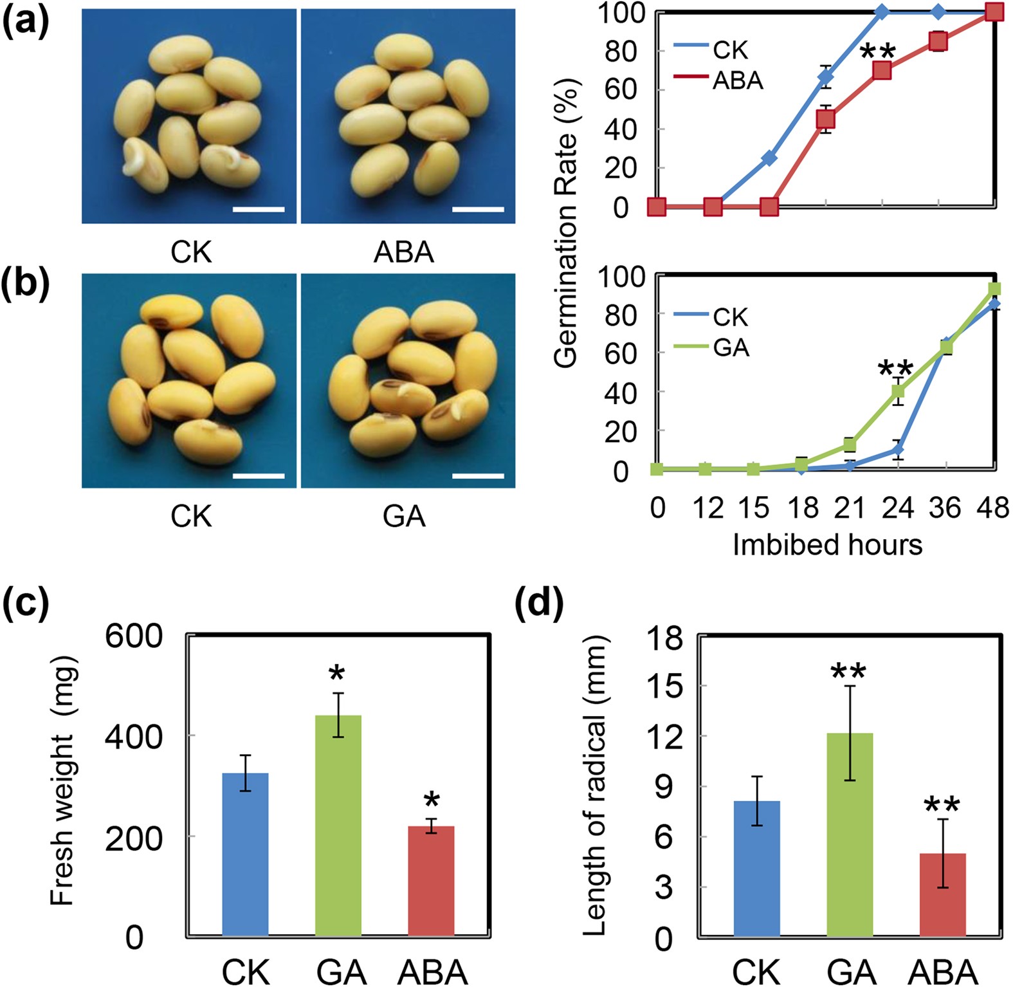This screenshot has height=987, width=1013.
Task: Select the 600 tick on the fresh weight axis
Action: coord(134,636)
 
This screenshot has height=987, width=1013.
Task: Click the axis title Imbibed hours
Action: coord(827,545)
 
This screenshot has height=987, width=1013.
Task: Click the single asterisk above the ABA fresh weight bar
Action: coord(432,801)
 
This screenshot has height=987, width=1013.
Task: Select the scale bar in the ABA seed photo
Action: coord(478,209)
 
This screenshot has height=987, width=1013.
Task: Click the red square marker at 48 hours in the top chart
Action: coord(994,12)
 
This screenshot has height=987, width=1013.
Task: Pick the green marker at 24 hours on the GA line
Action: coord(898,391)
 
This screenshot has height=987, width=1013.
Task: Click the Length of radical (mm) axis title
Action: coord(596,785)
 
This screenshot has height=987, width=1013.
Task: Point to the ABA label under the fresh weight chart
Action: coord(432,972)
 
